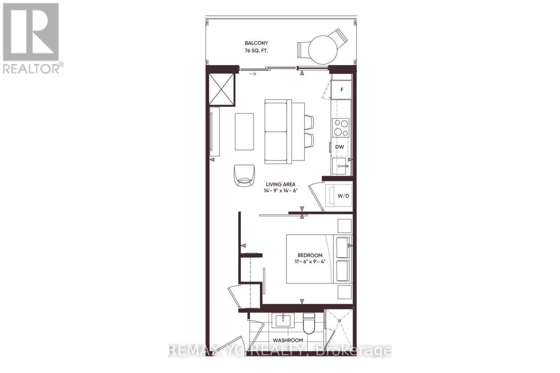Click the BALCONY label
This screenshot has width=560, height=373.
point(256,43)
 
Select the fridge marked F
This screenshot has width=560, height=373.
point(342,90)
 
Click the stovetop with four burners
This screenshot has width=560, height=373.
point(341,128)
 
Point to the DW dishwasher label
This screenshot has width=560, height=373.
point(339,147)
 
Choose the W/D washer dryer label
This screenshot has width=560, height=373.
point(343,196)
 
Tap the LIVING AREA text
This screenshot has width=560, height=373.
point(280,184)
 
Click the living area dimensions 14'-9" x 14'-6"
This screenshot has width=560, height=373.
point(280,191)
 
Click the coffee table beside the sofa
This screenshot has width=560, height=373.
point(244,131)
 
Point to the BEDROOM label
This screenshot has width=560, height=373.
point(310,255)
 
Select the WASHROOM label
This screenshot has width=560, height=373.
point(288,340)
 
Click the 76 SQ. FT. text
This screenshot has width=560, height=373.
point(257,50)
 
